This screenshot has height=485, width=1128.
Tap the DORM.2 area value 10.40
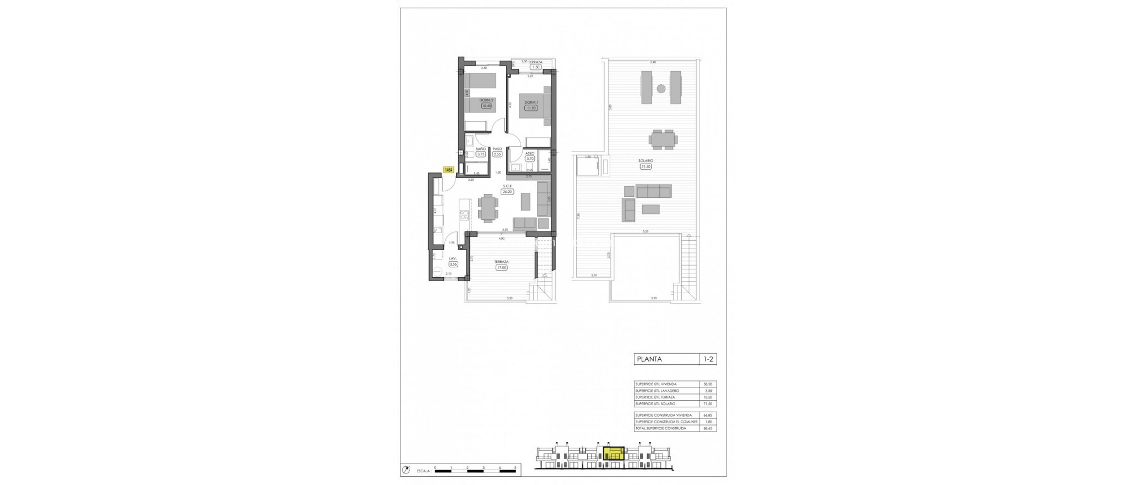point(486,105)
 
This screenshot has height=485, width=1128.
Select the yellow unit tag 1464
point(448,170)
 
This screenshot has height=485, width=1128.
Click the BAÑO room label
point(481,149)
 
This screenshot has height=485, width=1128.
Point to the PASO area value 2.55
point(497,154)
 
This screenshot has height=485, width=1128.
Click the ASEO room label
point(529,153)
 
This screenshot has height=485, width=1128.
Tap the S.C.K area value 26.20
point(507,192)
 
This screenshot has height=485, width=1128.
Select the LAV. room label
point(453,258)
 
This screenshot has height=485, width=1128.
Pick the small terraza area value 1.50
point(535,67)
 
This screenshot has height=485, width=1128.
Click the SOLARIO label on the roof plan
point(647,161)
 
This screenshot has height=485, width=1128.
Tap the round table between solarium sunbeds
point(660,88)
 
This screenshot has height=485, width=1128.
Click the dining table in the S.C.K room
point(101,209)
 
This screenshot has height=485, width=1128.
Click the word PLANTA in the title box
point(649,359)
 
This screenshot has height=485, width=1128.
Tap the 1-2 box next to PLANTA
point(709,359)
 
